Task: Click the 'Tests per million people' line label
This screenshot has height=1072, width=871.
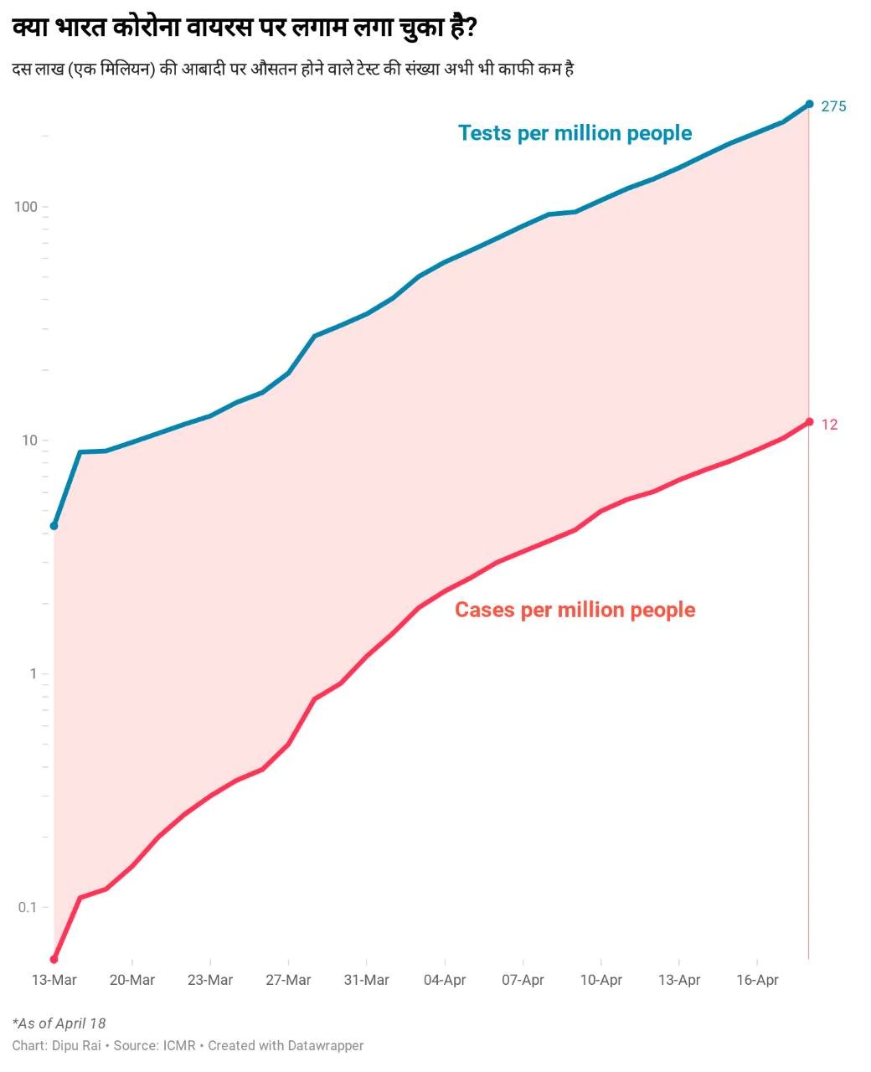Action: (575, 133)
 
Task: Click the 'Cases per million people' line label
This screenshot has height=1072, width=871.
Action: (575, 610)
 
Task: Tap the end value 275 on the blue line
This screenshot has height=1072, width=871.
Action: (833, 106)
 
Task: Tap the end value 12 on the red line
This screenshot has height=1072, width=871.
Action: (829, 425)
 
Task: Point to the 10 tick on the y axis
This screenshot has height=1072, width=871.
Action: (29, 441)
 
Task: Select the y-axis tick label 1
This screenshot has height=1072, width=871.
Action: (33, 674)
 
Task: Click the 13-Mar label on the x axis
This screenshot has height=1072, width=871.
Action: (54, 980)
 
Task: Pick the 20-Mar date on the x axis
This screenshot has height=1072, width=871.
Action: (132, 980)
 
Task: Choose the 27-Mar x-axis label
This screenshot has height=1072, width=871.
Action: (288, 980)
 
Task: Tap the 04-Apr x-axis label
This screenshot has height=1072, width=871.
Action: (445, 980)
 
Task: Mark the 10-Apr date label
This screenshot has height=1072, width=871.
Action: (600, 980)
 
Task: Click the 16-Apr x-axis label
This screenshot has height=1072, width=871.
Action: (757, 980)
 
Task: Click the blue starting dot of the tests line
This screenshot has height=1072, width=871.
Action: (54, 526)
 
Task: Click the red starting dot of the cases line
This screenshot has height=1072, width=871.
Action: (54, 959)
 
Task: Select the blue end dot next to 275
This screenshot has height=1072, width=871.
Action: (809, 104)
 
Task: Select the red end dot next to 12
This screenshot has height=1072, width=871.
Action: (809, 422)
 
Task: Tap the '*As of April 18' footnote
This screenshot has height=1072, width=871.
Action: (59, 1023)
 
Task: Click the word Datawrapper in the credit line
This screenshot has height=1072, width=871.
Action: (326, 1045)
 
